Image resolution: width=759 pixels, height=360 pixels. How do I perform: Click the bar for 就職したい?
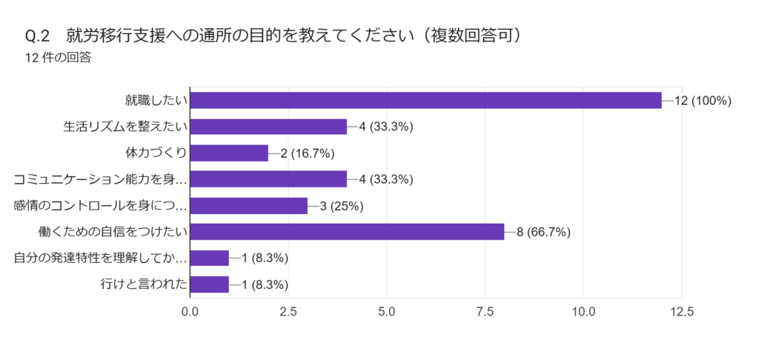click(425, 100)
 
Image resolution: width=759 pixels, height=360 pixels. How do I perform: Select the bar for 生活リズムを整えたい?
click(268, 127)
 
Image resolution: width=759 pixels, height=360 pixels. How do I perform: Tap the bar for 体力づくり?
click(229, 153)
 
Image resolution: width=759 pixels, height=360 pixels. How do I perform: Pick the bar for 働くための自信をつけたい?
click(347, 232)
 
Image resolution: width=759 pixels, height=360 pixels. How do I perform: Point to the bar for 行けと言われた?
click(210, 284)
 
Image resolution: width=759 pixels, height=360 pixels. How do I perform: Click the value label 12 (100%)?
click(703, 101)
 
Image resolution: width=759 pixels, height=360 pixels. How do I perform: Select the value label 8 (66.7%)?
click(543, 232)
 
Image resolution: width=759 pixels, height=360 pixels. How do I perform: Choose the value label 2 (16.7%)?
click(308, 153)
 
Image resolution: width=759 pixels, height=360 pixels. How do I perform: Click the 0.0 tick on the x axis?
click(190, 313)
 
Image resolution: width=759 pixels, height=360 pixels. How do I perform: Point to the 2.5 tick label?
click(288, 313)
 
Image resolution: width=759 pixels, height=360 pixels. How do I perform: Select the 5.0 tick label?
click(387, 313)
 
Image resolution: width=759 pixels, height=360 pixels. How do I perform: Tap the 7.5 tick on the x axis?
click(485, 313)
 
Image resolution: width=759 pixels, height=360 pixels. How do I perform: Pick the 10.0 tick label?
click(583, 313)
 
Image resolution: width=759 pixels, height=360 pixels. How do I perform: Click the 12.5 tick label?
click(681, 313)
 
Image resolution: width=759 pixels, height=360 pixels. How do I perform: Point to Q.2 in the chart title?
click(37, 36)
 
